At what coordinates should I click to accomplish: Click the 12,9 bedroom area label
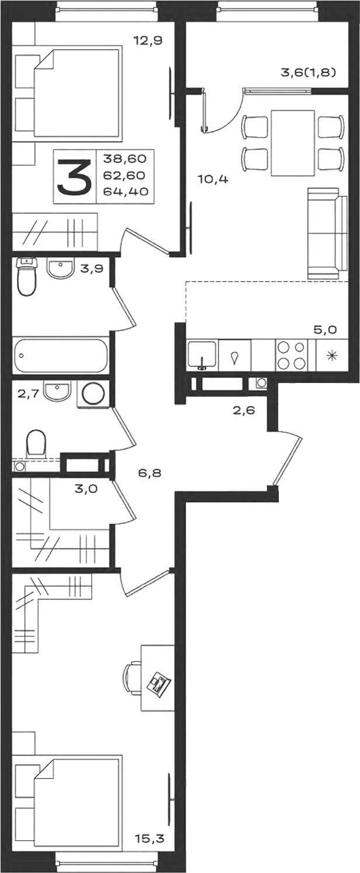[x=148, y=40]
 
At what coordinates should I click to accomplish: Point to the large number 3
[x=74, y=177]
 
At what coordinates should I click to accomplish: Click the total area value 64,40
[x=126, y=191]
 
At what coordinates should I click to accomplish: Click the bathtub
[x=60, y=355]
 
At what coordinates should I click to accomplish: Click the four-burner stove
[x=291, y=355]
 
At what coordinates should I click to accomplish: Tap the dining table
[x=293, y=143]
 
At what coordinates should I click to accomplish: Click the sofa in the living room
[x=327, y=233]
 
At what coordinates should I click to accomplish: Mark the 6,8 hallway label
[x=150, y=473]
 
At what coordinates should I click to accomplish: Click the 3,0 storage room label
[x=86, y=488]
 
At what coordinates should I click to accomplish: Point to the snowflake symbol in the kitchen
[x=331, y=355]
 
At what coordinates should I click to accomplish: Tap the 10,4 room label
[x=213, y=180]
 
